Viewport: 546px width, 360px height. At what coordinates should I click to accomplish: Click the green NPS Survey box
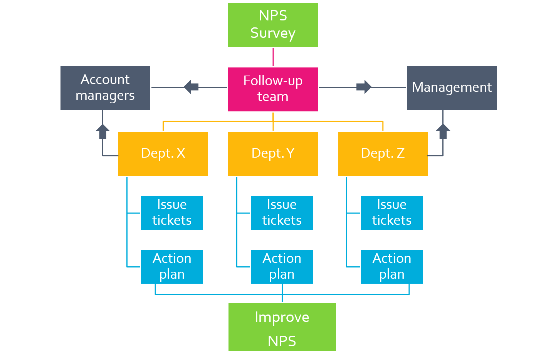(273, 25)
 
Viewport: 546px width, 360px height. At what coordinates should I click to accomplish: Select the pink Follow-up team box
(273, 89)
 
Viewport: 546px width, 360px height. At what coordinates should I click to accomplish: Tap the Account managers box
(105, 88)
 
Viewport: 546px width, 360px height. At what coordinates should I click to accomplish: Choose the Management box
(452, 88)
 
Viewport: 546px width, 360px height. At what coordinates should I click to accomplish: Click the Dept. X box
(163, 154)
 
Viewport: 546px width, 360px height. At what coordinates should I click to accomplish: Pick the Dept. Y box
(273, 154)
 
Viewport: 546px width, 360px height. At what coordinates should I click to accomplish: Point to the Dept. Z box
(383, 154)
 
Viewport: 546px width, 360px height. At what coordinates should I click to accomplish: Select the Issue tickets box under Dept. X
(172, 213)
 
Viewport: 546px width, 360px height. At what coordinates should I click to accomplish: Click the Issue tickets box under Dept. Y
(282, 213)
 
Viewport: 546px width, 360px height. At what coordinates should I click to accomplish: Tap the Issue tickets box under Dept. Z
(392, 213)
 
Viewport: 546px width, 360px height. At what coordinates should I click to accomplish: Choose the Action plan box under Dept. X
(172, 267)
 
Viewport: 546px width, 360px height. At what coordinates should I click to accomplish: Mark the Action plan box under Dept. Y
(282, 267)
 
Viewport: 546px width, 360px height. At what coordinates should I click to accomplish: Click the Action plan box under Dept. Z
(392, 267)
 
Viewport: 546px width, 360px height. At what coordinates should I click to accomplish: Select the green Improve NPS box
(282, 327)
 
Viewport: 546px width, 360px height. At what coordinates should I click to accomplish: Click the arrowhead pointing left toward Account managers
(190, 87)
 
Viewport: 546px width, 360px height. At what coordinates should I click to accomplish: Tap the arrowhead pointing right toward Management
(365, 87)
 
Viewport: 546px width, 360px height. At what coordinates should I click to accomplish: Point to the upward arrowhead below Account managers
(102, 131)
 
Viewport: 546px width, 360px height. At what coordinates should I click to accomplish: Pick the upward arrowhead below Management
(443, 131)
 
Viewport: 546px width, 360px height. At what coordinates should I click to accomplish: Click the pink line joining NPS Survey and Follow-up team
(273, 57)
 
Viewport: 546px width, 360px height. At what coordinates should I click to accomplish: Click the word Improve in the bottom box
(282, 317)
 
